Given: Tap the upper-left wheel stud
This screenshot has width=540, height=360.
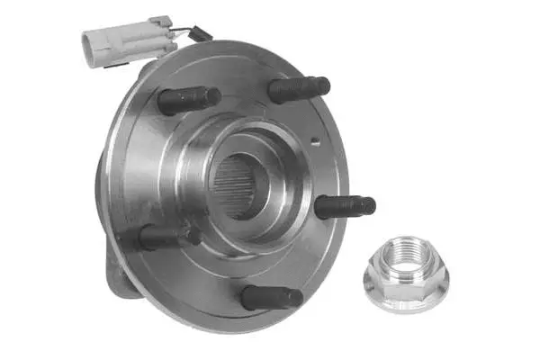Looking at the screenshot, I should (x=189, y=99).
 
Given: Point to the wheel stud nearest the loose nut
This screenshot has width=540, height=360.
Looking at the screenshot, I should (x=345, y=206).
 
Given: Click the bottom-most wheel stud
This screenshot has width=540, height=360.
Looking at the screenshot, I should (x=272, y=296).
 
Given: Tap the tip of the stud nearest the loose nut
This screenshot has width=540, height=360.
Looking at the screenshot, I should (x=369, y=206).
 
